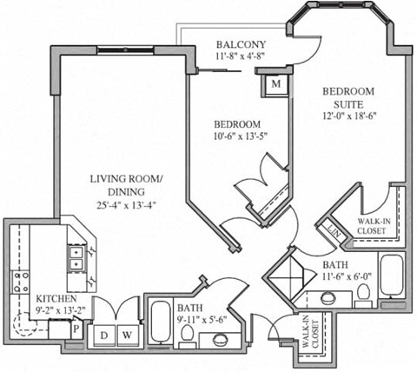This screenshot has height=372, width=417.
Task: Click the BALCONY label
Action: click(242, 45)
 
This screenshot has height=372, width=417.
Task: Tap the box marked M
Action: click(275, 83)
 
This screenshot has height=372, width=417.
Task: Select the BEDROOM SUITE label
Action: click(348, 96)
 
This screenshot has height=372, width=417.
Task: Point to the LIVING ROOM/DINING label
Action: click(128, 186)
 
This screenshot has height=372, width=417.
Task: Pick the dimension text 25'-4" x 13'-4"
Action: click(128, 205)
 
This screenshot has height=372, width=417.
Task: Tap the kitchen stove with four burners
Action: click(19, 280)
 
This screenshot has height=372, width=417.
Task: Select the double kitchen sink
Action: click(76, 256)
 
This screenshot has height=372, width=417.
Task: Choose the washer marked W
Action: click(127, 334)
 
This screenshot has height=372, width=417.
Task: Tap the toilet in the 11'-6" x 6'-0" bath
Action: click(363, 297)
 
